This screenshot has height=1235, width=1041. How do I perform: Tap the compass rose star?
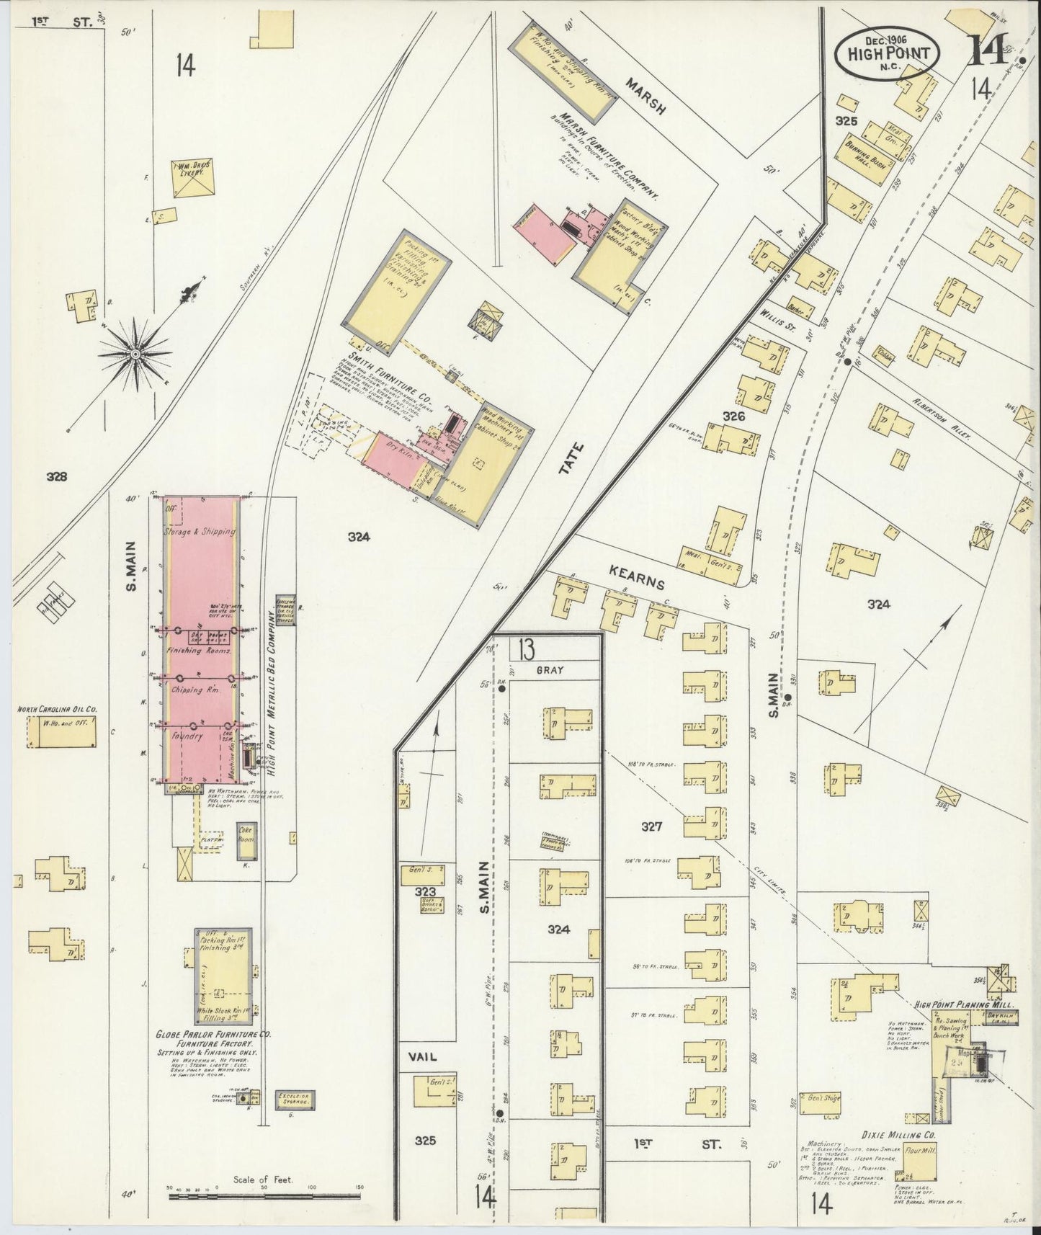tap(135, 354)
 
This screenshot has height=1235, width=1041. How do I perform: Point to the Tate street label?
tap(573, 458)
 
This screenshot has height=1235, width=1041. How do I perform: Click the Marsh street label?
tap(645, 98)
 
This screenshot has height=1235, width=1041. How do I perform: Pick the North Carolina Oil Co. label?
tap(58, 709)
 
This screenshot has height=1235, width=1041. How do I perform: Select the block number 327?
tap(652, 827)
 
